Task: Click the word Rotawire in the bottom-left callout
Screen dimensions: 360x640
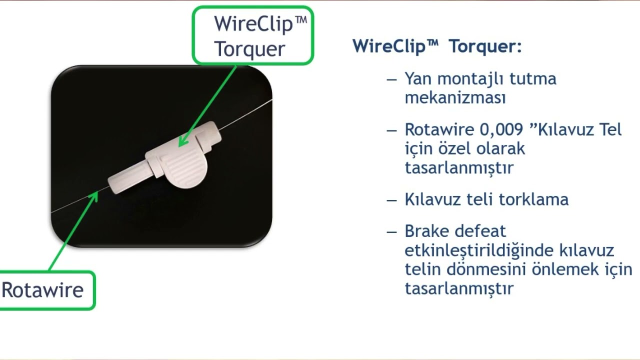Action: point(42,290)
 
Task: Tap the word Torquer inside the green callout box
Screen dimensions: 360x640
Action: point(249,49)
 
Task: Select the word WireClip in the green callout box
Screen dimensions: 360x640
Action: point(253,23)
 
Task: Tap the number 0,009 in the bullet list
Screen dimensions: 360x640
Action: point(503,129)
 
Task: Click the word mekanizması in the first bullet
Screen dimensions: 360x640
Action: point(455,97)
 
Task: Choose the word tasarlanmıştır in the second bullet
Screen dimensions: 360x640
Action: point(459,168)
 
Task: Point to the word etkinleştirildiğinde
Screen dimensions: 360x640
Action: point(479,250)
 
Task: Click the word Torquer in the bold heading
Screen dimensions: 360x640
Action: point(485,46)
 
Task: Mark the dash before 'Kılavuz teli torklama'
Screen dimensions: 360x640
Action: point(392,199)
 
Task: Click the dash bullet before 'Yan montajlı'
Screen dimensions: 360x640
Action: point(392,79)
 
